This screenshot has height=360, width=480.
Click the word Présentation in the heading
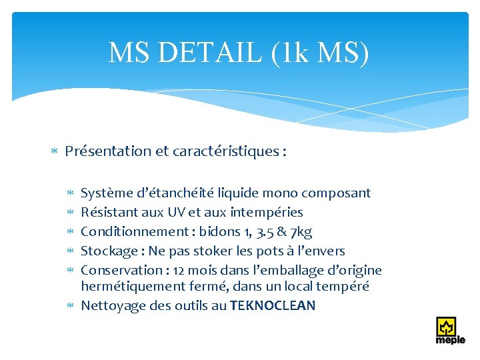click(108, 151)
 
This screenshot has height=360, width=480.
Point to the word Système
click(105, 193)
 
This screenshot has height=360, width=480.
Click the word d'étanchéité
click(169, 193)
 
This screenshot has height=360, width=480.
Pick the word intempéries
click(266, 213)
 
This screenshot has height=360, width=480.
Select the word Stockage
click(107, 251)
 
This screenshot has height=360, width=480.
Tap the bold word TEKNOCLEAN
click(273, 306)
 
